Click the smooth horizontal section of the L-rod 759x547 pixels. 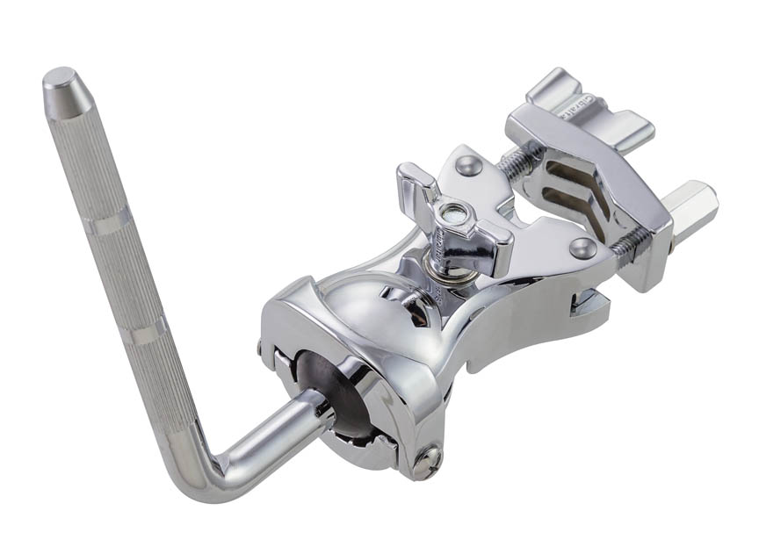click(273, 429)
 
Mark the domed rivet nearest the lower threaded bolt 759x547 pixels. click(581, 247)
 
